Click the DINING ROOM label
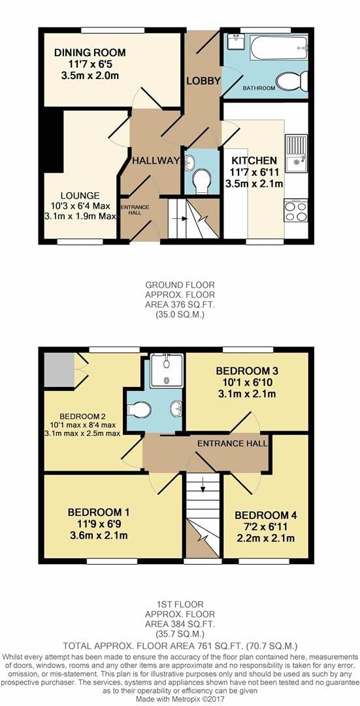pos(90,53)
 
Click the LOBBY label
pos(203,81)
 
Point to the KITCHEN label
pos(254,160)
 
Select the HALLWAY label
pos(156,161)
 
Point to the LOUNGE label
pos(81,195)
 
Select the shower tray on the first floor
pos(166,371)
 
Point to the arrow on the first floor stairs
pos(203,486)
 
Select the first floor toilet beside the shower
pos(139,409)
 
